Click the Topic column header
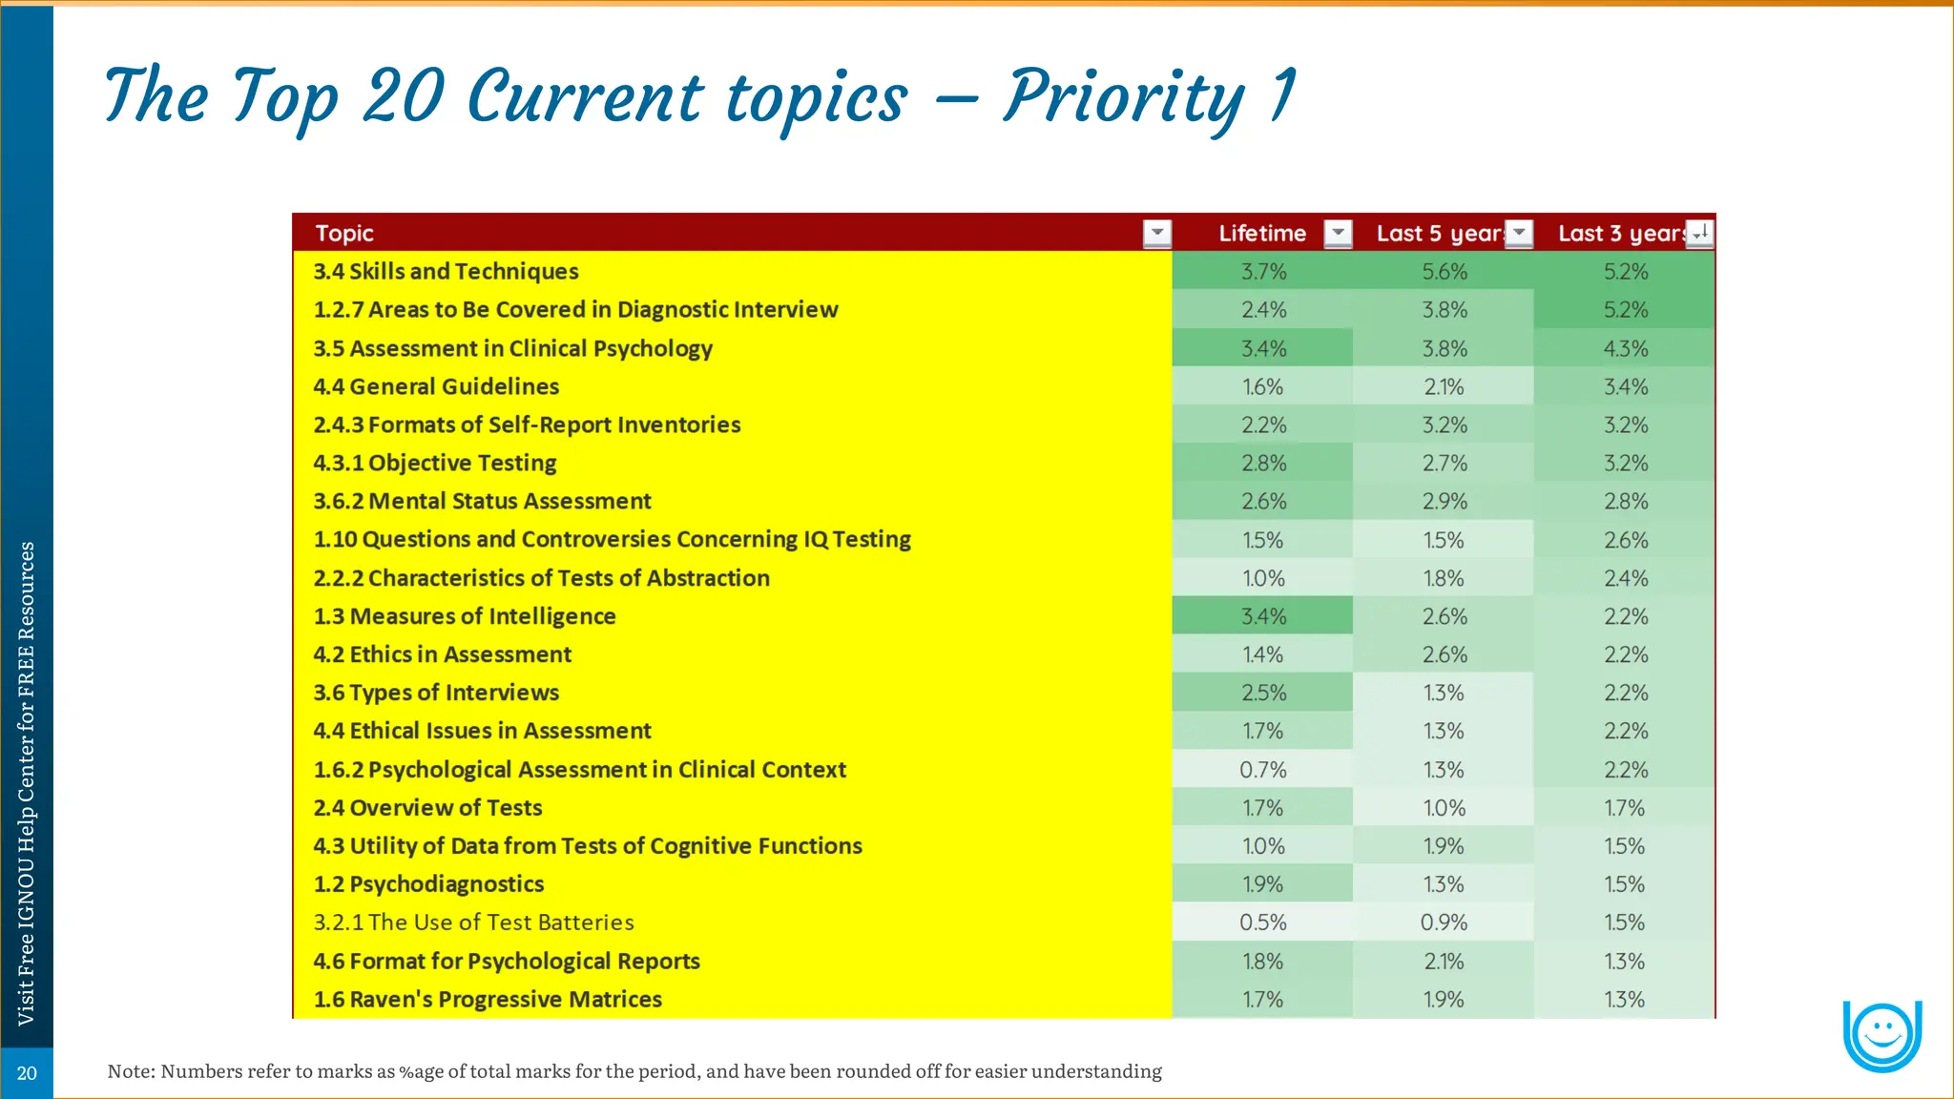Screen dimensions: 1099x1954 pos(344,234)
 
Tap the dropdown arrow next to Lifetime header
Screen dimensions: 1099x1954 pos(1338,234)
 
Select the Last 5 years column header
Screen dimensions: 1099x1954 pos(1439,234)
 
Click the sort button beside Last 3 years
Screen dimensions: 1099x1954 pos(1700,234)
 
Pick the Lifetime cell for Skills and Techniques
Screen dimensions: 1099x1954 pos(1263,272)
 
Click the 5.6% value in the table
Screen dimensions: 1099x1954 pos(1445,272)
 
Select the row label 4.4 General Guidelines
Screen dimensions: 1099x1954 pos(436,386)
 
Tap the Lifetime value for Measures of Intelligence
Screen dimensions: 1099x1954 pos(1263,616)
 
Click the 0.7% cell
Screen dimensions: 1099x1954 pos(1263,770)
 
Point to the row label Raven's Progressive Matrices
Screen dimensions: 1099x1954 pos(488,1000)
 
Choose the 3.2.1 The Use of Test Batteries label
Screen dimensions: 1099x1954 pos(473,923)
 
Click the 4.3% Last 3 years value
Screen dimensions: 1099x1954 pos(1626,349)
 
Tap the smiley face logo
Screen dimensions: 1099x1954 pos(1881,1034)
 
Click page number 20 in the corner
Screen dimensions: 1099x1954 pos(27,1073)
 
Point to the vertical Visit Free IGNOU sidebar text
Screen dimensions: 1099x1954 pos(27,782)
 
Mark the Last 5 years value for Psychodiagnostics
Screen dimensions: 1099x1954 pos(1444,884)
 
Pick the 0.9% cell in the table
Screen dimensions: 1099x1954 pos(1444,923)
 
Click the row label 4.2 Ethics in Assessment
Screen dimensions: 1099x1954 pos(443,654)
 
